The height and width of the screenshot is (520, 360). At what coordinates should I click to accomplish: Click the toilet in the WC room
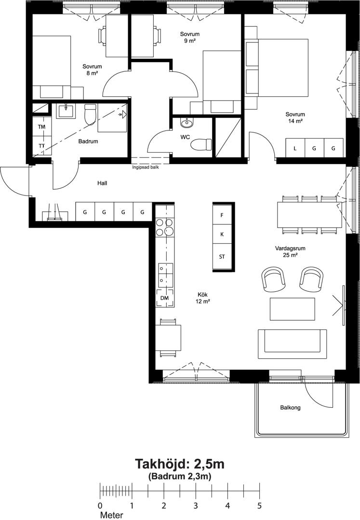tap(202, 144)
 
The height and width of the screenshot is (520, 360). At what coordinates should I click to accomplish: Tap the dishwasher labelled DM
tap(164, 298)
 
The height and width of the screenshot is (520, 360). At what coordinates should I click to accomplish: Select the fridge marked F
tap(222, 215)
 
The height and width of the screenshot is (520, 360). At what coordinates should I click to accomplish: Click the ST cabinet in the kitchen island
tap(222, 256)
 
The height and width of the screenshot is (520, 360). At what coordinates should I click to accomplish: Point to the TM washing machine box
tap(42, 127)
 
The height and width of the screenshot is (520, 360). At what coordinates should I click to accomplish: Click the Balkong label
tap(290, 408)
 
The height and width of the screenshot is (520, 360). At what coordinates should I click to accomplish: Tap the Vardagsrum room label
tap(290, 248)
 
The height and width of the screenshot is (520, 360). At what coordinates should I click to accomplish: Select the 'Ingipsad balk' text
tap(146, 168)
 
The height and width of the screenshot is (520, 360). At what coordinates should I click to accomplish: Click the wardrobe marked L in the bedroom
tap(295, 148)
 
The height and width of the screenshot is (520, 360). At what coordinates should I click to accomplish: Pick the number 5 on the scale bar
tap(259, 506)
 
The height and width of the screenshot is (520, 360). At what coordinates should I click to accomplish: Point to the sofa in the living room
tap(293, 344)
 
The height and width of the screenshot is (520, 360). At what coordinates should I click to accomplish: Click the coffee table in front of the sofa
tap(293, 309)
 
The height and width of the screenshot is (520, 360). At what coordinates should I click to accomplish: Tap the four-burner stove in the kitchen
tap(165, 227)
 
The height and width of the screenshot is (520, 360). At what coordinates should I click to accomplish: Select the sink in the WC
tap(187, 123)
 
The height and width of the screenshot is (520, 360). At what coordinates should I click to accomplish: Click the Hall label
tap(102, 183)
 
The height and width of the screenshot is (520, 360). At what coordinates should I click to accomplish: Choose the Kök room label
tap(202, 295)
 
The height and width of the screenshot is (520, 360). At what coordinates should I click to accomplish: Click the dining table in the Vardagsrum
tap(309, 215)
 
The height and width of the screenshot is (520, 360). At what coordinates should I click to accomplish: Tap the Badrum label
tap(88, 141)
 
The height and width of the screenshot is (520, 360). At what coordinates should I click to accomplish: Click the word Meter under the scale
tap(111, 515)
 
